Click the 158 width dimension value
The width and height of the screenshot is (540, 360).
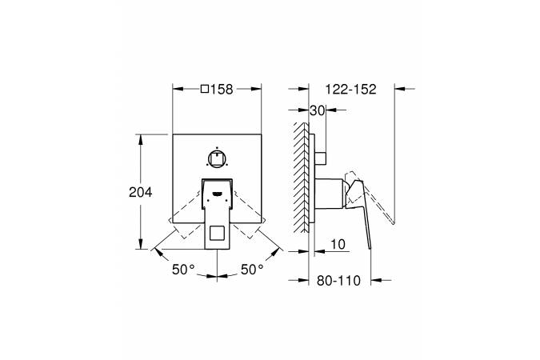point(222,90)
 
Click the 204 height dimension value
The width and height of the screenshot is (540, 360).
point(141,192)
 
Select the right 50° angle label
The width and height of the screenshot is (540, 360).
point(252,270)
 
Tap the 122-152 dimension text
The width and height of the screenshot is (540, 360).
point(351,90)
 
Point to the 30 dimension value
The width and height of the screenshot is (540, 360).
point(318,110)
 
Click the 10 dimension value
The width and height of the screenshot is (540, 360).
point(338,244)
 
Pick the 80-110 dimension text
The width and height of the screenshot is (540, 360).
point(338,281)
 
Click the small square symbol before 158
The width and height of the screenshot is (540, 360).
point(205,90)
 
